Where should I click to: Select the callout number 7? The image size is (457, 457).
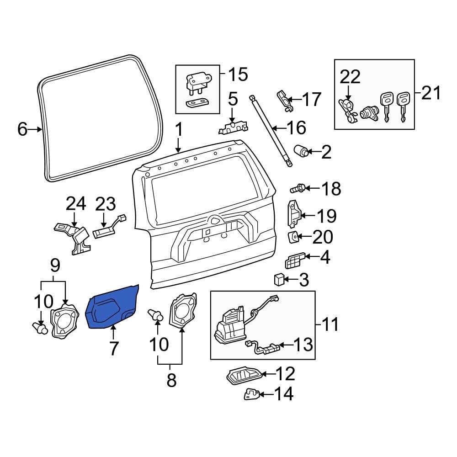tap(113, 348)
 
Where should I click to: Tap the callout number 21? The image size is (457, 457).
tap(431, 93)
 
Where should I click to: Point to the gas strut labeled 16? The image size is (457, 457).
tap(270, 130)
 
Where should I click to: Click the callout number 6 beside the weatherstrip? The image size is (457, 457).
tap(22, 130)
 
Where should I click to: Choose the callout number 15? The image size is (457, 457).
tap(238, 74)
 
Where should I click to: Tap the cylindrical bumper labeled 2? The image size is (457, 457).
tap(301, 151)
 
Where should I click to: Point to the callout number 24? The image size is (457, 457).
tap(76, 204)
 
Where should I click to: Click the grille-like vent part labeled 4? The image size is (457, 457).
tap(293, 261)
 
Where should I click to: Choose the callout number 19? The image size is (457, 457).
tap(326, 216)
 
